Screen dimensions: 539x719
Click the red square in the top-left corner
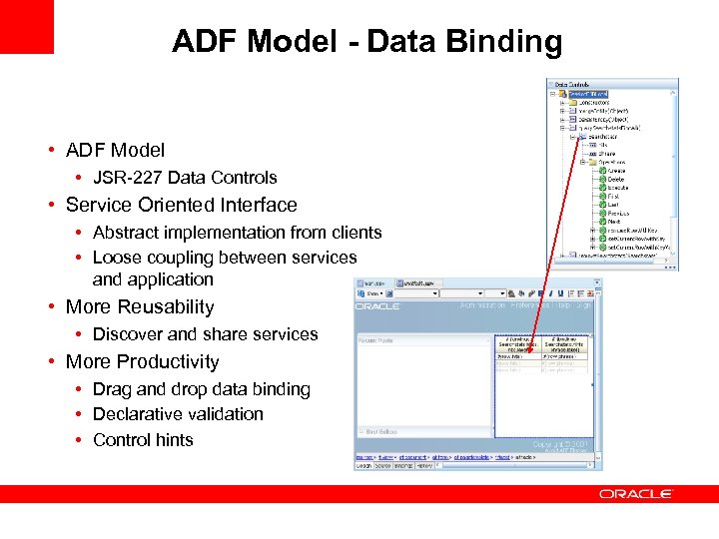(x=26, y=26)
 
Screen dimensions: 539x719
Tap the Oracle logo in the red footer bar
(x=636, y=494)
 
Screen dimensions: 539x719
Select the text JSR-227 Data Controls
(x=185, y=178)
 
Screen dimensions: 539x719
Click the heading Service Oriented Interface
(x=181, y=205)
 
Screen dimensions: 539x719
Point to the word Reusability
(x=165, y=307)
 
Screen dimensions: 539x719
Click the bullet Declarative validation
(x=178, y=414)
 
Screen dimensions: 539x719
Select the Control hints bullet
(x=143, y=440)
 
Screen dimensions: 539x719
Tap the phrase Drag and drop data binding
(x=201, y=389)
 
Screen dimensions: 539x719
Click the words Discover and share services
(x=205, y=334)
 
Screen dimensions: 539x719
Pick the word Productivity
(x=170, y=361)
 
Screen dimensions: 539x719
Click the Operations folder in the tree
(x=610, y=162)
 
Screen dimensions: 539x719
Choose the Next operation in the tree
(x=613, y=222)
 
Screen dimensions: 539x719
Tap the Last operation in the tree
(x=612, y=205)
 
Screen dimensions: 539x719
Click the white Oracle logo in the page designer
(x=378, y=306)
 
